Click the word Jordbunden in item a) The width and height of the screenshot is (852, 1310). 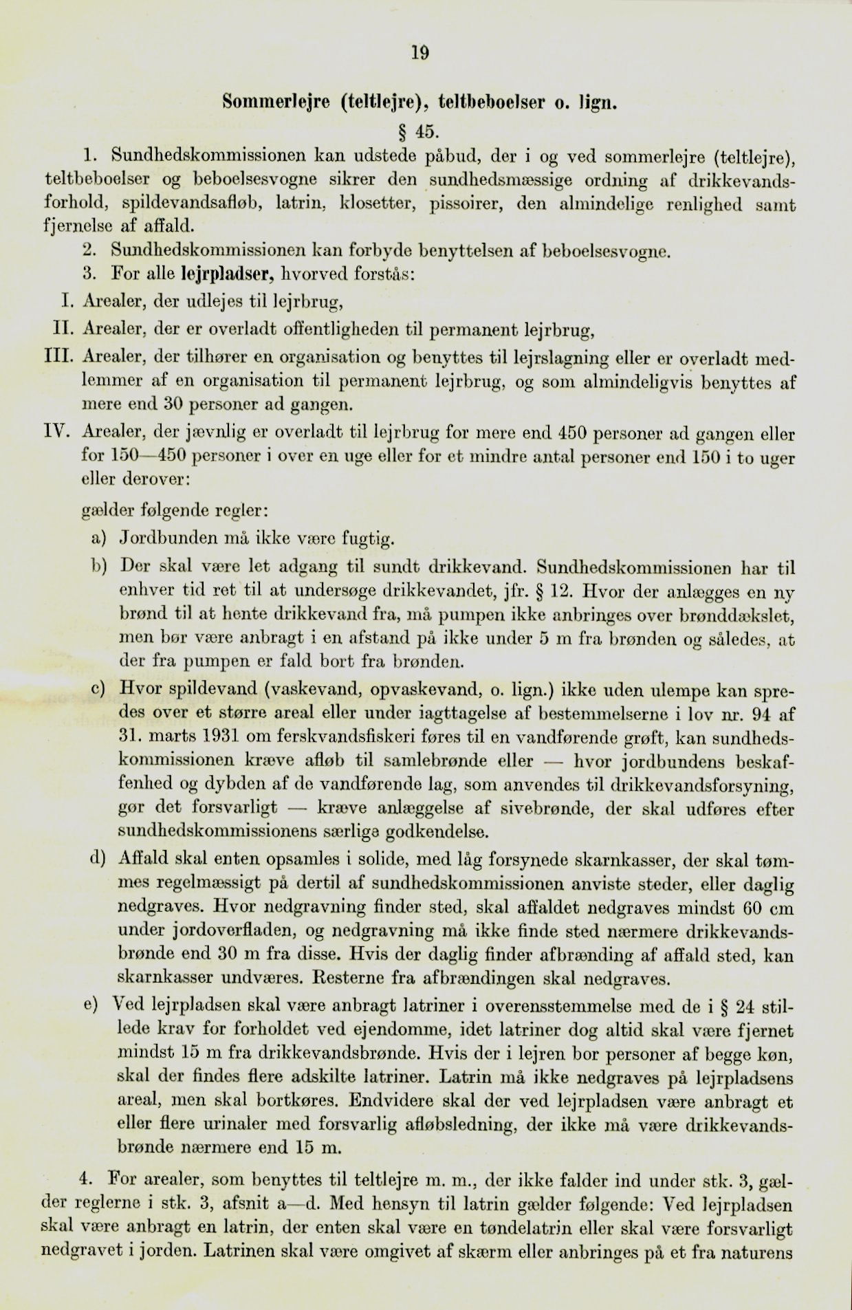tap(172, 538)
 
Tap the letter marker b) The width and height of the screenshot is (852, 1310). tap(100, 566)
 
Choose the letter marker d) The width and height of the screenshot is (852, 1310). tap(100, 858)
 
